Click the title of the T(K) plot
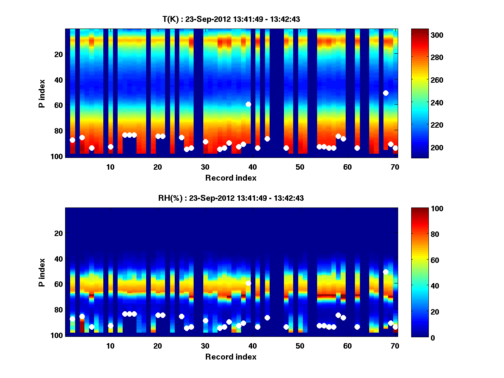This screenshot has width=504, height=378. pos(231,19)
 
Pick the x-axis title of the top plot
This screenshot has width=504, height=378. pos(231,178)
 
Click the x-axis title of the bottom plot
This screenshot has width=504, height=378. pos(231,357)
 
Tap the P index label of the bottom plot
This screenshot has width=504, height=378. pos(42,272)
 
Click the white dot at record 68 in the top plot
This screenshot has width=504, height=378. pos(386,93)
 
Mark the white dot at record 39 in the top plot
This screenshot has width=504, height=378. pos(248,104)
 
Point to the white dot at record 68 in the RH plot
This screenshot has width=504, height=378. pos(386,272)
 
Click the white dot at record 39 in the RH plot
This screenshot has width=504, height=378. pos(248,283)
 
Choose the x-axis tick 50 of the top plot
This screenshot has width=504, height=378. pos(300,166)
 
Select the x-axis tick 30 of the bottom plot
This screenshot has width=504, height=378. pos(205,346)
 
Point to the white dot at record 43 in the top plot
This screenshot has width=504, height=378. pos(267,139)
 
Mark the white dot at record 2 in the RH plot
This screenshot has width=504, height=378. pos(72,319)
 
